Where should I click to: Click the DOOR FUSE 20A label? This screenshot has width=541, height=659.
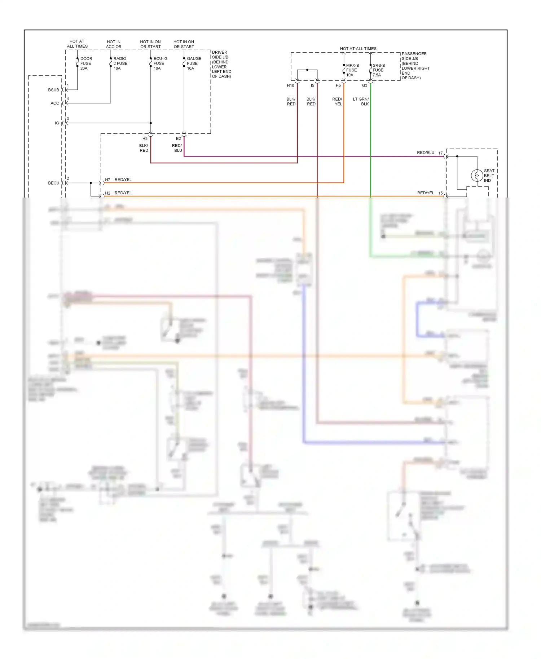coord(86,63)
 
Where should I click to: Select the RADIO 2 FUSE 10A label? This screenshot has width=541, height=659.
coord(120,63)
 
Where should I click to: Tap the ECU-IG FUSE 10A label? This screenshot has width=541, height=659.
coord(160,63)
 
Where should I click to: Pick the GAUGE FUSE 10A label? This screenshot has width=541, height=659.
coord(194,63)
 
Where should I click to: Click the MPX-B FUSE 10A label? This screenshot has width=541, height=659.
coord(352,70)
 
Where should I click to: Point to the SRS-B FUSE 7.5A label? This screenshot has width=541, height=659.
coord(378,70)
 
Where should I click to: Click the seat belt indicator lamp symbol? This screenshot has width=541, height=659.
coord(477,176)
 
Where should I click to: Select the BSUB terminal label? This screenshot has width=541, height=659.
coord(53,90)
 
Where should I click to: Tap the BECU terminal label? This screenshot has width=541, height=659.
coord(53,183)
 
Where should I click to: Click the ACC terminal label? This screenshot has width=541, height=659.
coord(54,103)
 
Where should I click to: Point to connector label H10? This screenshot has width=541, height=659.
coord(290,86)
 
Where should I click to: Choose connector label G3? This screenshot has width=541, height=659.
coord(365,86)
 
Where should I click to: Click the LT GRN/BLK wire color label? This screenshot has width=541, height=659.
coord(361,102)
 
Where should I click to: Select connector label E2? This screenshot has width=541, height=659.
coord(178,139)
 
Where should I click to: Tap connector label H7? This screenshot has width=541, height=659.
coord(107,180)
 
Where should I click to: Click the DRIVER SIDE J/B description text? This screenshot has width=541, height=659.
coord(221,64)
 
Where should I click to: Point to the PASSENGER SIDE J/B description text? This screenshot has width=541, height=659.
coord(415,66)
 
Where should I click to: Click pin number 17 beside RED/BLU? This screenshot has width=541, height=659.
coord(440,153)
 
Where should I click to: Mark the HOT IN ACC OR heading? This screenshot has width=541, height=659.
coord(114,44)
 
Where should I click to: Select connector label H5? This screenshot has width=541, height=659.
coord(338,86)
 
